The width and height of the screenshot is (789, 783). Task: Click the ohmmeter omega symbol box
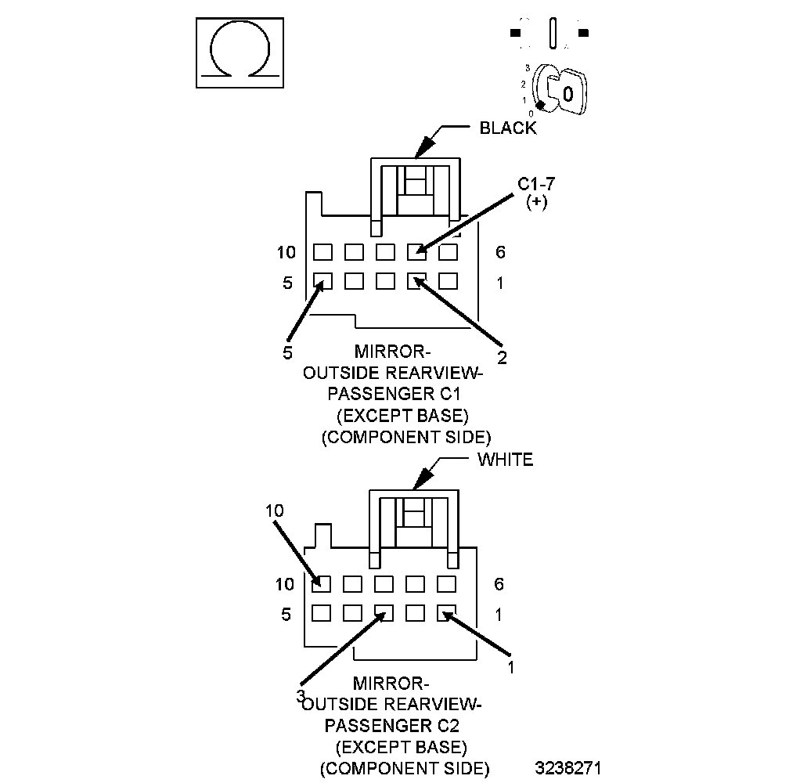point(239,53)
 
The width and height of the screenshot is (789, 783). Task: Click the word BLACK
point(508,128)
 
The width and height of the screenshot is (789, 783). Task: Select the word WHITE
point(505,460)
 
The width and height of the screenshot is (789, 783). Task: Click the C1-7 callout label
point(537,185)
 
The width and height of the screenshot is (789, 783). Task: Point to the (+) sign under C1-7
point(537,202)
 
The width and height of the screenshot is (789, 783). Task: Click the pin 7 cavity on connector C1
point(416,252)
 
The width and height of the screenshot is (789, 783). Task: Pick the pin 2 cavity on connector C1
point(416,280)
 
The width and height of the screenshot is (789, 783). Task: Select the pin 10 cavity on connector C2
point(321,584)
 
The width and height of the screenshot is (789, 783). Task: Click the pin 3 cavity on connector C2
point(384,613)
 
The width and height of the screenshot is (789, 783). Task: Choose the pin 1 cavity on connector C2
point(446,613)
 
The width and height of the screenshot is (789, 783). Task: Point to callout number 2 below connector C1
point(502,358)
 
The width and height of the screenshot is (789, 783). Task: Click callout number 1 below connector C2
point(511,667)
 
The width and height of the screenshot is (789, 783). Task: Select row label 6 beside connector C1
point(501,252)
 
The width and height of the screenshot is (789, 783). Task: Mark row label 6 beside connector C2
point(499,584)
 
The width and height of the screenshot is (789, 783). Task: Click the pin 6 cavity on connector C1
point(448,252)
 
